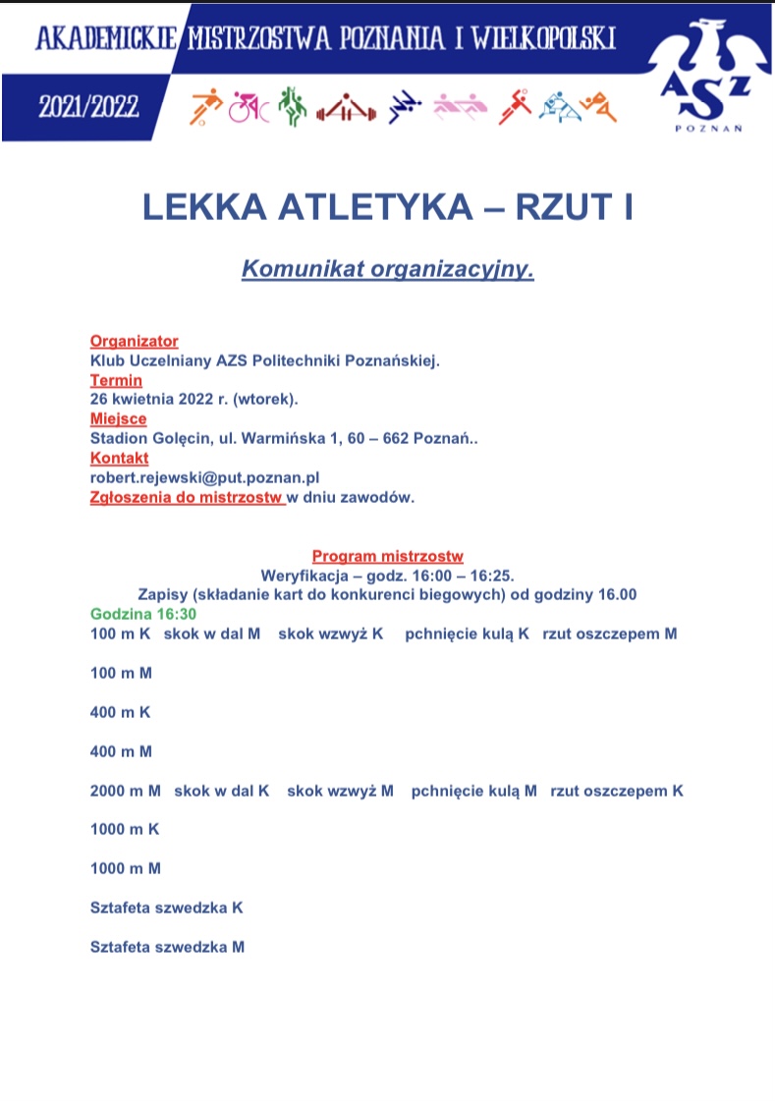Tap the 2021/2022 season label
[x=88, y=106]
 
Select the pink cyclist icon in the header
[x=249, y=106]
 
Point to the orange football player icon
[x=206, y=105]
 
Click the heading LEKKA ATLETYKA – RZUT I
[x=387, y=208]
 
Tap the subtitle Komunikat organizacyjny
[x=387, y=268]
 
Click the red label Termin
[x=116, y=380]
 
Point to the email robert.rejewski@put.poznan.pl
[x=205, y=477]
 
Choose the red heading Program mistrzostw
[x=387, y=556]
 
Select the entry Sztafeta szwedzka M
[x=167, y=947]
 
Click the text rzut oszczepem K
[x=617, y=791]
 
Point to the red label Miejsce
[x=118, y=419]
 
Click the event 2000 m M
[x=125, y=791]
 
